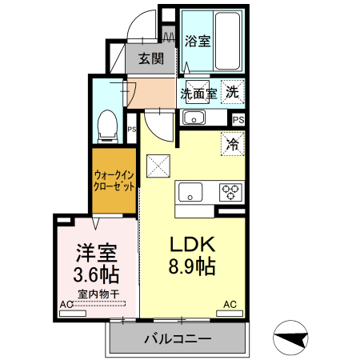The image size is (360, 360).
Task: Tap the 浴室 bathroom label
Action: pos(198,40)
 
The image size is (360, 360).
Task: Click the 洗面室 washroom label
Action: pos(198,93)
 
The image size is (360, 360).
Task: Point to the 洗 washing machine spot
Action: pos(231,92)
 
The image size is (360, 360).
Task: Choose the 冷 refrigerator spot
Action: pos(232,145)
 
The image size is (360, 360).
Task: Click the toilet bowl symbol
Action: pos(106,125)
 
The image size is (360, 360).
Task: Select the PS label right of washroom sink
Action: pos(238,118)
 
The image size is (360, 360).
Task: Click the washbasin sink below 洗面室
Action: pos(194,118)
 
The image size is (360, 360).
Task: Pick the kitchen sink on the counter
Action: pos(191,193)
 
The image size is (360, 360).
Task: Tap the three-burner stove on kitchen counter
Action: pos(230,193)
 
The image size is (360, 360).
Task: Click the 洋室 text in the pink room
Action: pos(97,254)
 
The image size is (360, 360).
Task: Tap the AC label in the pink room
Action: pos(66,304)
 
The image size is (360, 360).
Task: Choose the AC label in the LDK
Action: pos(230,304)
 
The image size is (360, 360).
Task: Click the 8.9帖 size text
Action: pos(190,266)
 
